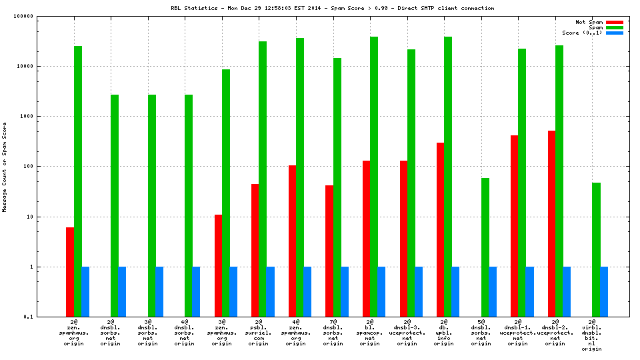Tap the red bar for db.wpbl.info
[x=440, y=229]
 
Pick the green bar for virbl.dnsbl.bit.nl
[x=596, y=249]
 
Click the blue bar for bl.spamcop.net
[x=381, y=291]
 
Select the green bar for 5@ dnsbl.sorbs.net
[x=485, y=247]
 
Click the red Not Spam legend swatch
[x=614, y=22]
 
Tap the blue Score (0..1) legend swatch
[x=614, y=33]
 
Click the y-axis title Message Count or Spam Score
[x=5, y=167]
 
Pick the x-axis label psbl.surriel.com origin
[x=259, y=333]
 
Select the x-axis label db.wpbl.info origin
[x=444, y=333]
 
